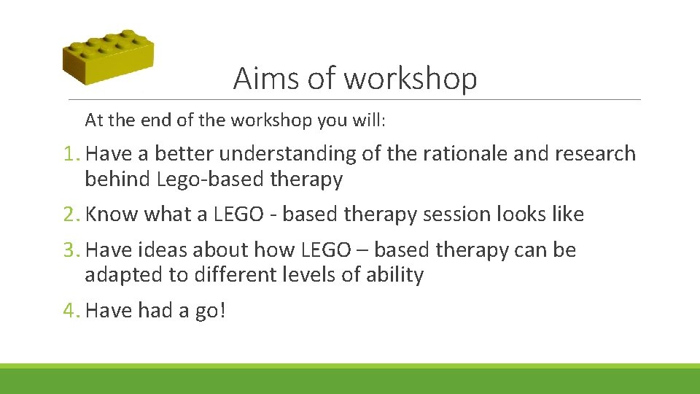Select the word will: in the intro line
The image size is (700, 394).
coord(369,120)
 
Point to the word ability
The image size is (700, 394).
coord(397,275)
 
